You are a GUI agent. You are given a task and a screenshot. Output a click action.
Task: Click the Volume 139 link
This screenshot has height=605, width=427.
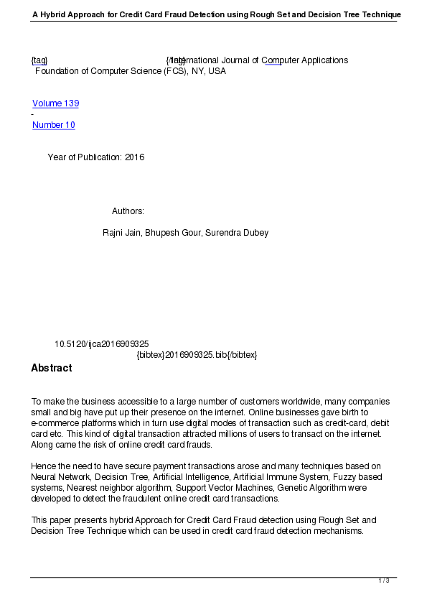click(x=55, y=103)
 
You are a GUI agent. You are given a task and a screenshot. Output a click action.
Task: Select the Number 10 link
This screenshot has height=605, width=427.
click(x=53, y=125)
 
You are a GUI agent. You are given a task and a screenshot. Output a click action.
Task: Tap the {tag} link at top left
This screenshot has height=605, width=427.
click(x=39, y=60)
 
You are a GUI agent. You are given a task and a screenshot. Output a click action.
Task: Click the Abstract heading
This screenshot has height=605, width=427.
click(x=51, y=368)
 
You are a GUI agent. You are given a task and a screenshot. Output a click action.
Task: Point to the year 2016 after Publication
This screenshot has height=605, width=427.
click(x=134, y=157)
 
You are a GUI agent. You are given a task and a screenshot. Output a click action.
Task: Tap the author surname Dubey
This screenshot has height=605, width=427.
click(x=255, y=233)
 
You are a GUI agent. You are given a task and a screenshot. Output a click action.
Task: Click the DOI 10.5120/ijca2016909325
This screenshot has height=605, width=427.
click(x=101, y=344)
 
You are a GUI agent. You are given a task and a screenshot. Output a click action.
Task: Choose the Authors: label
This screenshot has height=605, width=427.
click(x=128, y=211)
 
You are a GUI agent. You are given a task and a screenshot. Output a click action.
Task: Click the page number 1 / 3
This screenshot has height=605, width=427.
click(x=384, y=581)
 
